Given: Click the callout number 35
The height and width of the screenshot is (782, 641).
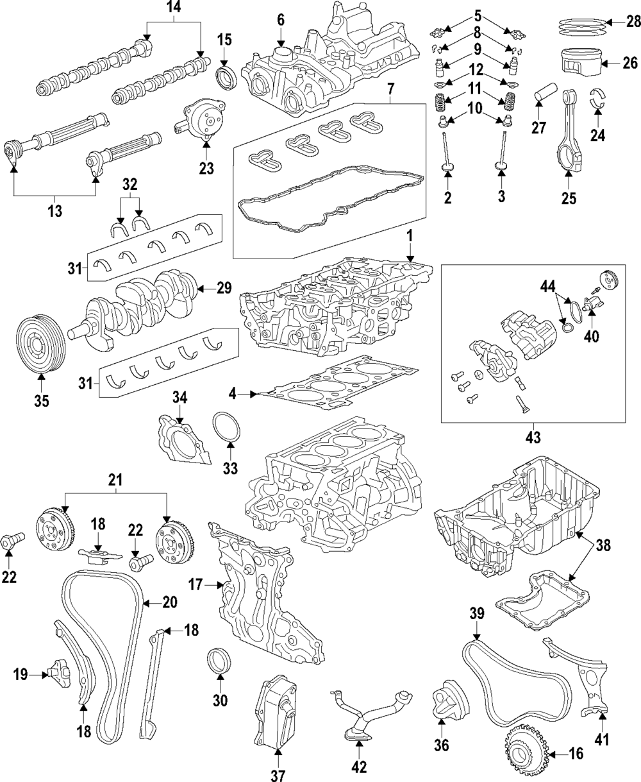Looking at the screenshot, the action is pyautogui.click(x=42, y=401).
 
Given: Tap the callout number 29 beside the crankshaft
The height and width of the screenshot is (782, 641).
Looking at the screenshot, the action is pyautogui.click(x=224, y=288).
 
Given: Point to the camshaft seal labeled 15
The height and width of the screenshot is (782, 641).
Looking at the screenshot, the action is pyautogui.click(x=226, y=78).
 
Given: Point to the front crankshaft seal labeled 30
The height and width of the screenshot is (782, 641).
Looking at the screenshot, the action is pyautogui.click(x=219, y=666).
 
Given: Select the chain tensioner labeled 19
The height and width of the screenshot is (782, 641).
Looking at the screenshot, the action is pyautogui.click(x=59, y=674).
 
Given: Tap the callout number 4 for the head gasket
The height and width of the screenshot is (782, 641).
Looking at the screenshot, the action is pyautogui.click(x=232, y=395).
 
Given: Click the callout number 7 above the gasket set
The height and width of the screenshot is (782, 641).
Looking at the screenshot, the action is pyautogui.click(x=391, y=89).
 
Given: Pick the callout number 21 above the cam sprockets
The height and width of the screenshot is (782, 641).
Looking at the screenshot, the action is pyautogui.click(x=115, y=480).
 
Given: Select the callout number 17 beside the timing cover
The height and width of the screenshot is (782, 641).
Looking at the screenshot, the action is pyautogui.click(x=196, y=585).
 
